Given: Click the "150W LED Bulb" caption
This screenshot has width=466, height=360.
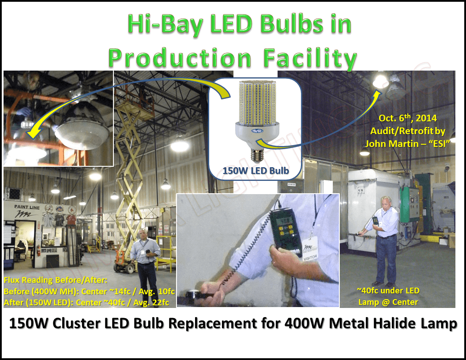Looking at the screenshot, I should [x=256, y=170].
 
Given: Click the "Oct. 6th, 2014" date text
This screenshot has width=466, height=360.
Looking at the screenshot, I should [x=408, y=119].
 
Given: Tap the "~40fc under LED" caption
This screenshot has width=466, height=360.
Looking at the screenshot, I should [x=388, y=291].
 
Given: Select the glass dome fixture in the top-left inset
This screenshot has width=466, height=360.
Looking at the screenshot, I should [x=80, y=132].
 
